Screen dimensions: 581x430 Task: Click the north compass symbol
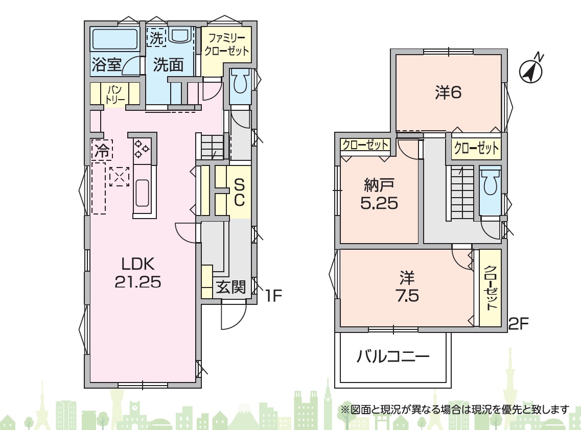coord(531,70)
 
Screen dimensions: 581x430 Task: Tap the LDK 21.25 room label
coord(138,273)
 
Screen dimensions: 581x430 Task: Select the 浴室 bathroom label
coord(106,65)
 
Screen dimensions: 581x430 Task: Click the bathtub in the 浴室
coord(115,39)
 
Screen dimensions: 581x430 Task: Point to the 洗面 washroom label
coord(169,65)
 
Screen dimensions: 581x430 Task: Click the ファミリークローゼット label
coord(226,44)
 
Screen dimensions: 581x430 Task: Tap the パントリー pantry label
coord(115,94)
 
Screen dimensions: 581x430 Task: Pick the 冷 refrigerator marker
coord(102,150)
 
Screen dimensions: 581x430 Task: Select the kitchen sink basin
coord(142,193)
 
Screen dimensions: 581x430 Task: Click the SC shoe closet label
coord(239,192)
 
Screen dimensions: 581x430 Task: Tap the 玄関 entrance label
coord(231,286)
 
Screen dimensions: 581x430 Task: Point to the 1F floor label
coord(273,295)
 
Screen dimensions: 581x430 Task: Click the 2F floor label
coord(519,324)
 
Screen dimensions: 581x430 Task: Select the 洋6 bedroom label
coord(448,92)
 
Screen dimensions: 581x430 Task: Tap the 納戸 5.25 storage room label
coord(380,194)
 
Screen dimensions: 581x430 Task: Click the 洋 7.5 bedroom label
coord(407,286)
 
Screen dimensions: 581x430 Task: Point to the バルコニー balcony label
coord(393,356)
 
